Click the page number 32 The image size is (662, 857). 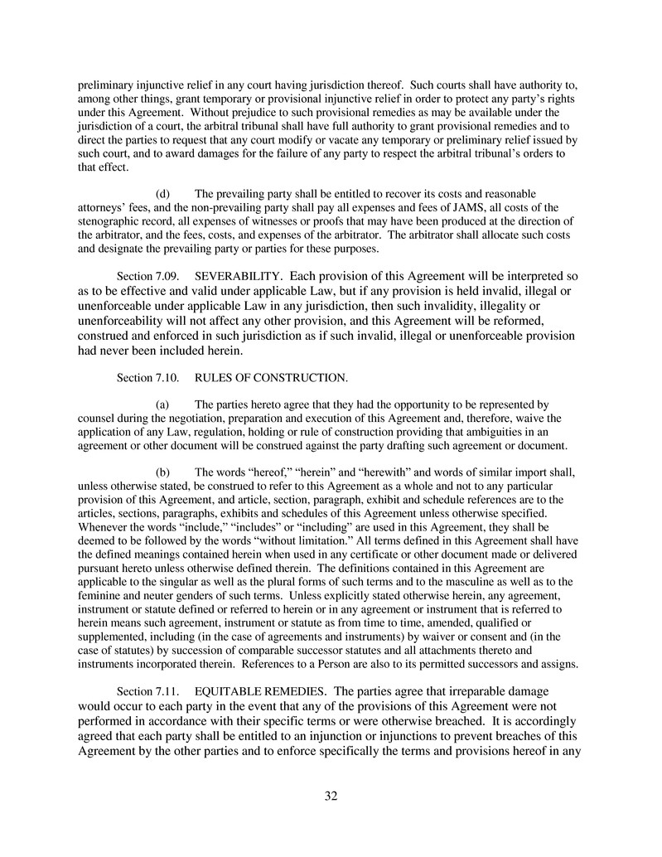(x=331, y=796)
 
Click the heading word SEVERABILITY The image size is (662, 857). (x=240, y=274)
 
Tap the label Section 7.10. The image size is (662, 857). (x=147, y=378)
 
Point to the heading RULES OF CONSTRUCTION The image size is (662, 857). (x=271, y=378)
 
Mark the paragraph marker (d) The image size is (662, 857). (x=163, y=194)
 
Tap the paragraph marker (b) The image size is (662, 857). (x=163, y=472)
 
